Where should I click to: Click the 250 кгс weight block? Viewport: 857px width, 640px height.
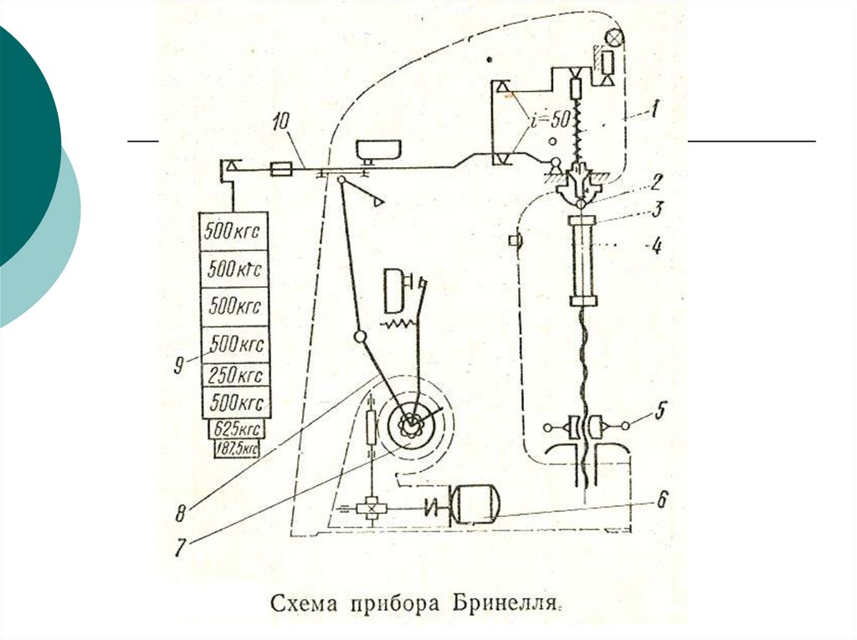[234, 374]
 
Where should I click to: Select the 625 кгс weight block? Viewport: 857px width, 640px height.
[236, 429]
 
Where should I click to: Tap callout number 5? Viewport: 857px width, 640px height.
[660, 411]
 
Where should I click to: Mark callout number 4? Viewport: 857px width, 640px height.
[657, 246]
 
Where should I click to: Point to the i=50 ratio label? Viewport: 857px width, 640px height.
[552, 121]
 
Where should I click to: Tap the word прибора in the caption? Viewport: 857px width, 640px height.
[393, 604]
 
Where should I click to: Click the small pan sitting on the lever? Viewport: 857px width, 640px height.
[378, 151]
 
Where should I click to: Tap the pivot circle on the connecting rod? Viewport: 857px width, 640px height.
[361, 337]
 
